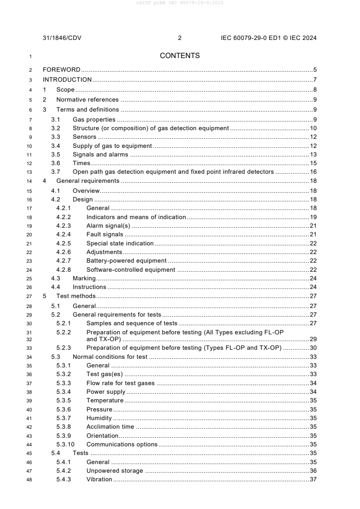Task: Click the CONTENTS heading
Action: coord(180,56)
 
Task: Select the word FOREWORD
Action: coord(61,70)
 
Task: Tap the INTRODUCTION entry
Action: coord(67,80)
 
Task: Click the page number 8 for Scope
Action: coord(315,90)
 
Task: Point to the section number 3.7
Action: coord(55,171)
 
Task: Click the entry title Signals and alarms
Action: coord(100,155)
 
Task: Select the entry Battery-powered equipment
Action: coord(126,260)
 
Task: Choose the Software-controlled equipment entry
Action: coord(131,269)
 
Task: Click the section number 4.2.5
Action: coord(64,244)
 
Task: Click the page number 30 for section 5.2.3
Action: coord(313,347)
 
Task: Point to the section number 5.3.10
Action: coord(65,444)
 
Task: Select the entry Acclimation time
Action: coord(110,426)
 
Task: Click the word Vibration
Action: coord(99,480)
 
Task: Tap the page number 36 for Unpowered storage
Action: coord(313,471)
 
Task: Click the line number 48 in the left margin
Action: coord(30,480)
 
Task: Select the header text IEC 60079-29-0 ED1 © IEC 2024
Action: coord(266,38)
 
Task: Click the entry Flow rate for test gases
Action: coord(120,383)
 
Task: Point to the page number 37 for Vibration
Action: coord(313,480)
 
